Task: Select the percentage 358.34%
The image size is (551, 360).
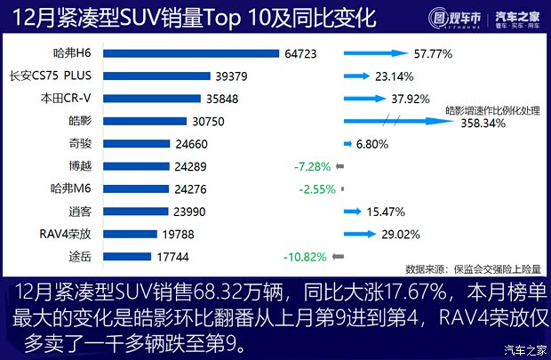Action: (x=483, y=124)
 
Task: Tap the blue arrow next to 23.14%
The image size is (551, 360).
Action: (x=356, y=76)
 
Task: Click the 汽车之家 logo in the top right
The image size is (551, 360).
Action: (x=516, y=19)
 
